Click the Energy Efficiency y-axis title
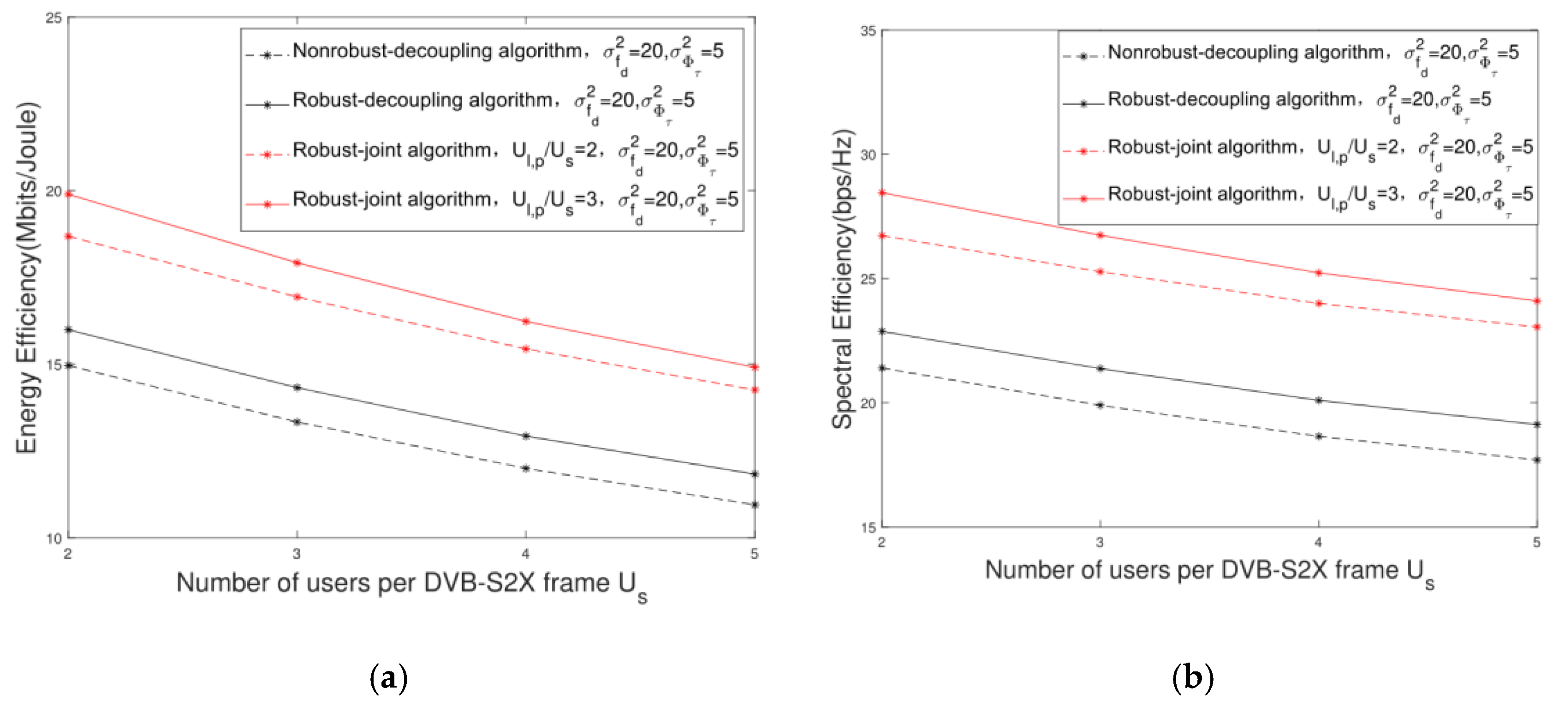point(27,277)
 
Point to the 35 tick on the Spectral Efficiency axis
point(868,31)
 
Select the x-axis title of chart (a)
point(411,584)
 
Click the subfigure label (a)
point(388,678)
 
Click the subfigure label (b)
point(1192,678)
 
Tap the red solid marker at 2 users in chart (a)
point(69,194)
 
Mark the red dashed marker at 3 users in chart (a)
point(297,297)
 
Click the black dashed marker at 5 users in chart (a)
point(754,505)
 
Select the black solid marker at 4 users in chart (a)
point(526,436)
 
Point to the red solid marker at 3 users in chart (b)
point(1100,235)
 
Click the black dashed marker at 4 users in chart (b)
point(1319,436)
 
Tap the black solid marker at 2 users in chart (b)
point(882,332)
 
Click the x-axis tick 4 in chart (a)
point(526,553)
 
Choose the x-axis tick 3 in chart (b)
point(1100,542)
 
